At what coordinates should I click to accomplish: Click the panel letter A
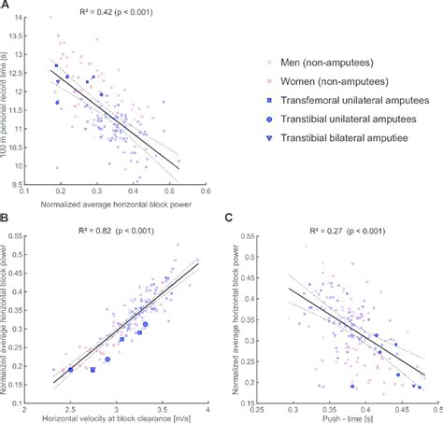(x=6, y=7)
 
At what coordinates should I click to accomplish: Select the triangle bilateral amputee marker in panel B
(x=93, y=371)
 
